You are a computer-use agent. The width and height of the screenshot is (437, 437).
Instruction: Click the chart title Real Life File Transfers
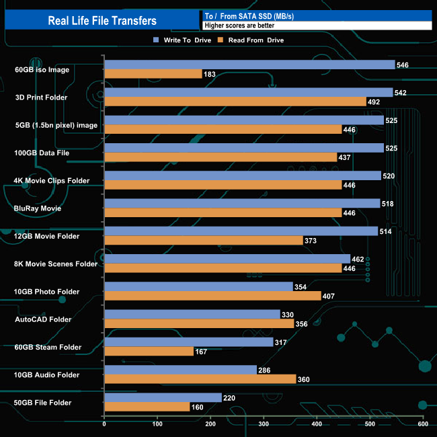102,20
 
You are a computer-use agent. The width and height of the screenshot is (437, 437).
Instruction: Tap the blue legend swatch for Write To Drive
156,40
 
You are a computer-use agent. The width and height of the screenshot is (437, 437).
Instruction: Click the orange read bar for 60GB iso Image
153,74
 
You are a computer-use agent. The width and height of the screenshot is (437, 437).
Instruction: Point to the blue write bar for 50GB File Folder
163,397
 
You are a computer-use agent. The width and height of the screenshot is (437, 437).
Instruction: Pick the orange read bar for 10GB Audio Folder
200,379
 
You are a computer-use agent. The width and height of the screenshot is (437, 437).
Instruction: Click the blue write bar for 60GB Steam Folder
188,342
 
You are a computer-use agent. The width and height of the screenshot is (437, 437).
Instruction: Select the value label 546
403,65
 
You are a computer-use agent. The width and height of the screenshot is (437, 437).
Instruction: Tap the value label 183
210,74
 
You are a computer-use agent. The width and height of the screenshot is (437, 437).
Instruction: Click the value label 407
329,296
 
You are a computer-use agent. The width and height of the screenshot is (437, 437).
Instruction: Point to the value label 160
198,407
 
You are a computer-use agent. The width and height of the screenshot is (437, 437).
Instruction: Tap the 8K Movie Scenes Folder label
56,264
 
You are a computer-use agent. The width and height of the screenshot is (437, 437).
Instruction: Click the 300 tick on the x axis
264,424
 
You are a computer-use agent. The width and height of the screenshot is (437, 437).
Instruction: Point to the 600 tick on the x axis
423,424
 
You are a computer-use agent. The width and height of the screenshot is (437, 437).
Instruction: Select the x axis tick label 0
104,424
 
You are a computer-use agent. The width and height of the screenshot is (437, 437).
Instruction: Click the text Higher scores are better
235,25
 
